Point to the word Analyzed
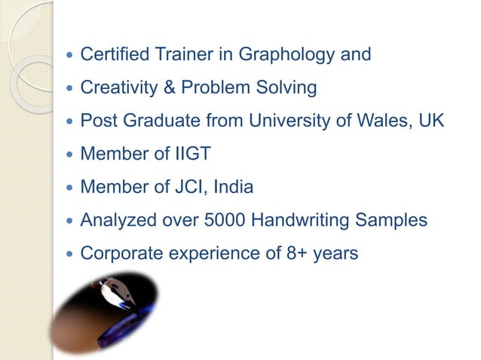coord(115,221)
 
